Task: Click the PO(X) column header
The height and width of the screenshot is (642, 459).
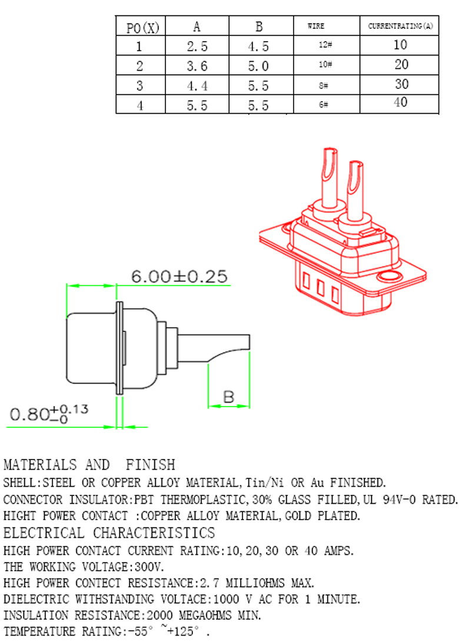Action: pyautogui.click(x=142, y=28)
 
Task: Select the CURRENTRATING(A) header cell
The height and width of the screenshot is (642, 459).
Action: pyautogui.click(x=400, y=26)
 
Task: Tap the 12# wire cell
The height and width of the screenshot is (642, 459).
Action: pyautogui.click(x=325, y=45)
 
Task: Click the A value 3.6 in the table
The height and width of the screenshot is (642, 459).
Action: pyautogui.click(x=197, y=66)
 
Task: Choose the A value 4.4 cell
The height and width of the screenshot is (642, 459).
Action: pyautogui.click(x=197, y=86)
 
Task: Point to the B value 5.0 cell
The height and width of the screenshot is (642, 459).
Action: pyautogui.click(x=258, y=66)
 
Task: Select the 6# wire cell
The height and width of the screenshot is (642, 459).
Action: pyautogui.click(x=324, y=104)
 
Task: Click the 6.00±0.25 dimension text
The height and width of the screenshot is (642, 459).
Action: pyautogui.click(x=179, y=277)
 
